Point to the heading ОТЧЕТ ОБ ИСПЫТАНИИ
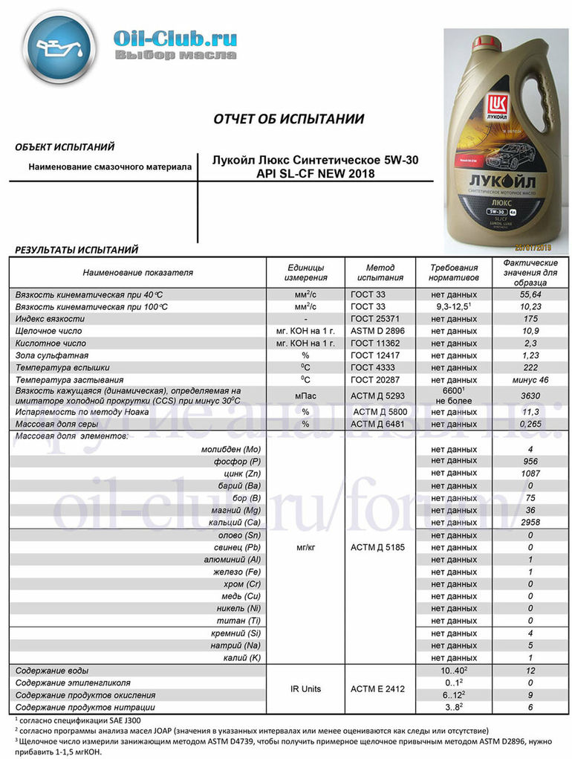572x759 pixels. (289, 119)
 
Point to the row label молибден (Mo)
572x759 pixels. (231, 450)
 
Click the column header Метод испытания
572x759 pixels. (380, 272)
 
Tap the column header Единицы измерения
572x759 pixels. (305, 272)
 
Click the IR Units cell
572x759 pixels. (305, 689)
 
